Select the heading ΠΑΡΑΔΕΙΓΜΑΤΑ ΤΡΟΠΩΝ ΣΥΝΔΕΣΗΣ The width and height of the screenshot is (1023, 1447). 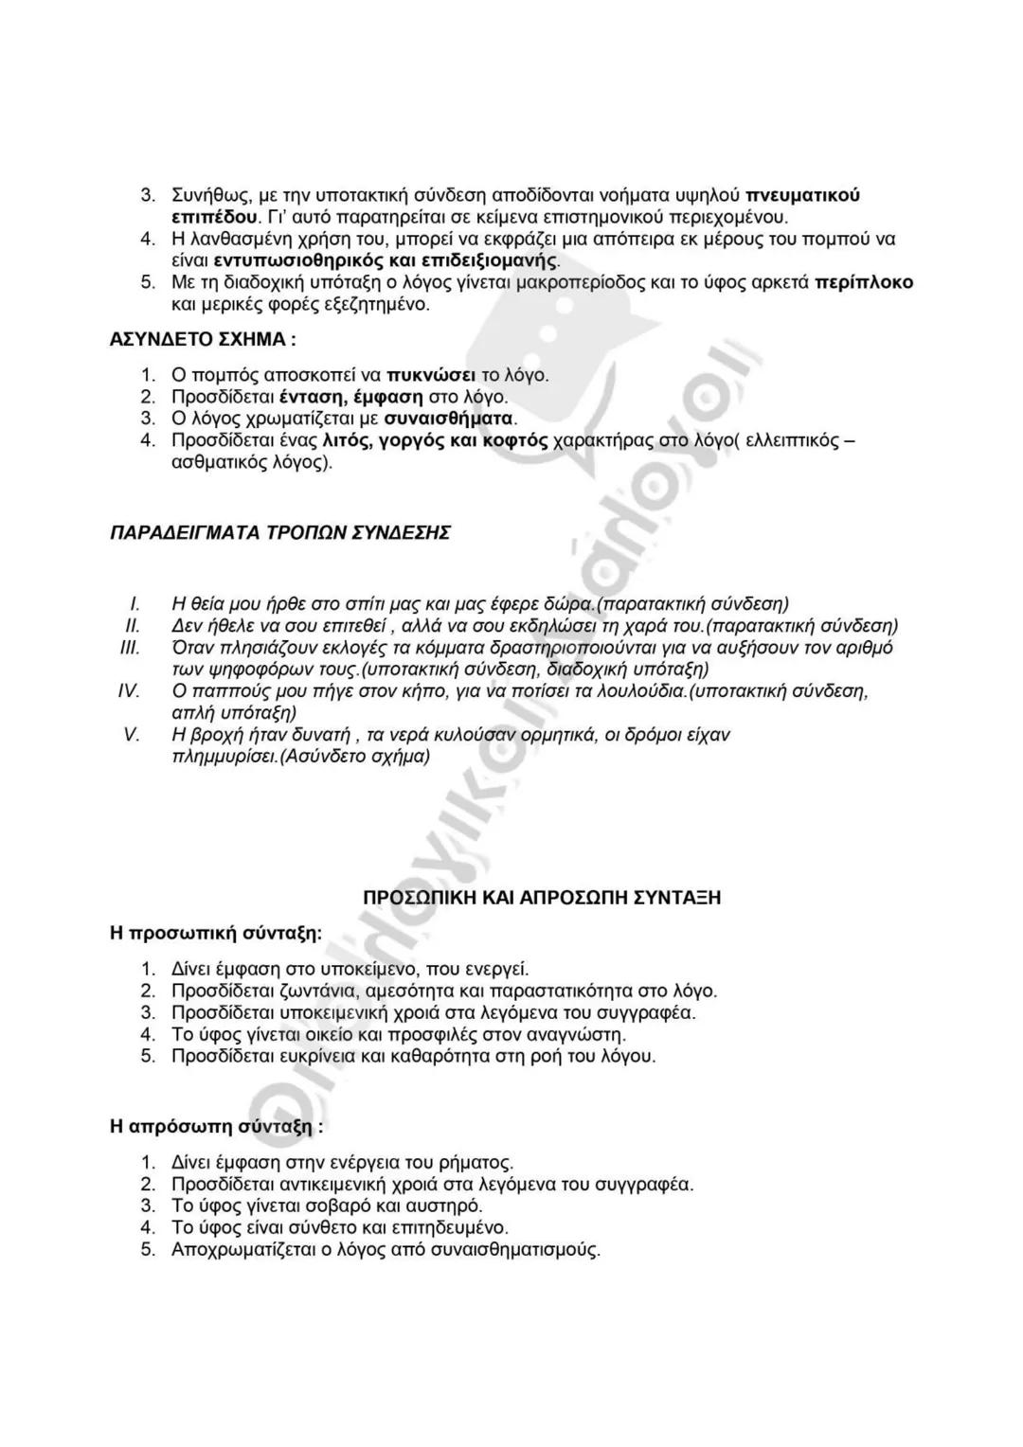pyautogui.click(x=280, y=532)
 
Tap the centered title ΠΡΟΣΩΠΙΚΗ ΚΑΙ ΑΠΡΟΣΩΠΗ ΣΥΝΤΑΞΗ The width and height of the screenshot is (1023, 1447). pyautogui.click(x=543, y=897)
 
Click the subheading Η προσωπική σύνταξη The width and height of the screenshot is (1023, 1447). pyautogui.click(x=216, y=933)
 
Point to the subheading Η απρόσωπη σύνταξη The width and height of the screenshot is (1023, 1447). pyautogui.click(x=216, y=1127)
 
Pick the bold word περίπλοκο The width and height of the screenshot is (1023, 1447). pyautogui.click(x=864, y=283)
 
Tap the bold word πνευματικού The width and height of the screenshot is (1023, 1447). pyautogui.click(x=803, y=196)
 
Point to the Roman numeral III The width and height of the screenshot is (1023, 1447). pyautogui.click(x=130, y=648)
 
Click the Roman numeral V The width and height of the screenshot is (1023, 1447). pyautogui.click(x=132, y=735)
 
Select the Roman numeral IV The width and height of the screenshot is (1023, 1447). pyautogui.click(x=129, y=690)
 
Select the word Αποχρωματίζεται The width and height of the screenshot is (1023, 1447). pyautogui.click(x=246, y=1249)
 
